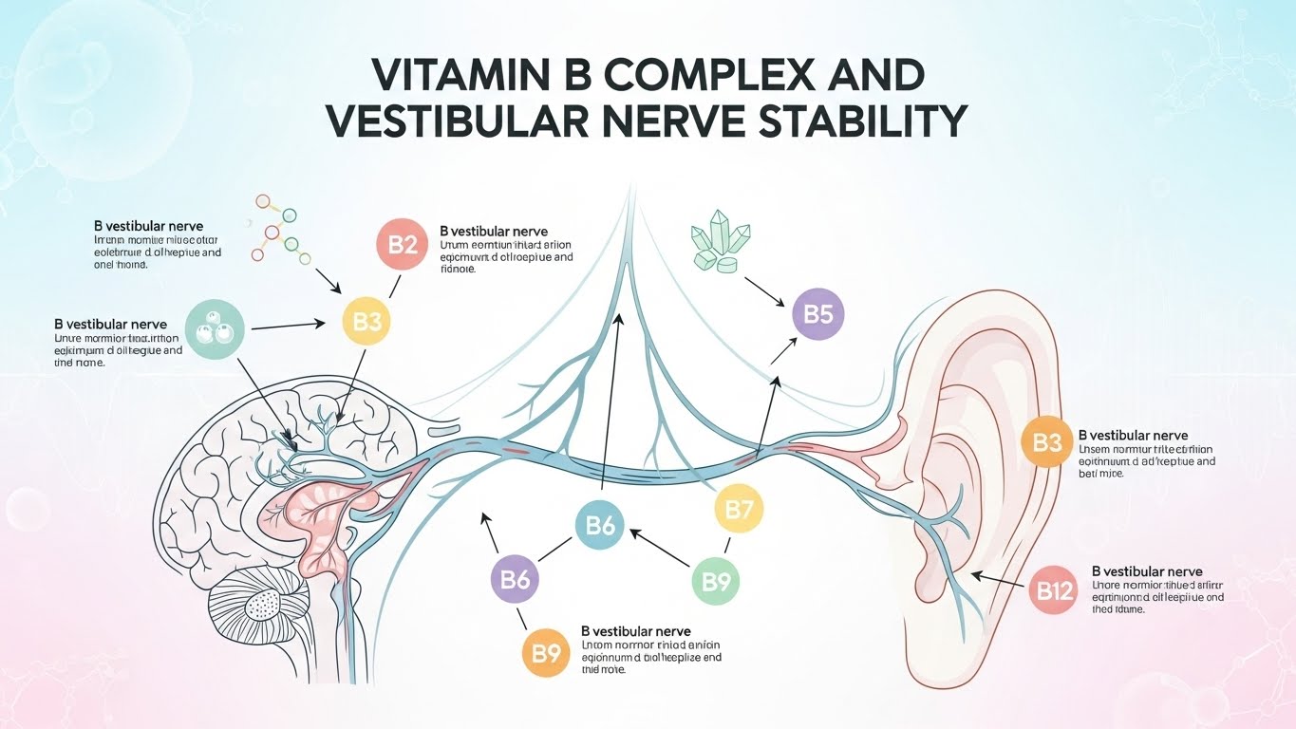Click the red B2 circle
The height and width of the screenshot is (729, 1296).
point(404,245)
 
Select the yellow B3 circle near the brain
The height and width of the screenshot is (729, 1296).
point(366,322)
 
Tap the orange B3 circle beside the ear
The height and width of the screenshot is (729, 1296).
point(1046,442)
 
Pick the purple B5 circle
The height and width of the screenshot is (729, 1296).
point(817,313)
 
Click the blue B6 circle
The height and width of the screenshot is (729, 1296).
point(600,525)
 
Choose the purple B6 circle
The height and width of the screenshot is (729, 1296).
point(515,579)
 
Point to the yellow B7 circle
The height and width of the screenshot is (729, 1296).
point(738,509)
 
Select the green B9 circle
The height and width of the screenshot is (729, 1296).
point(716,580)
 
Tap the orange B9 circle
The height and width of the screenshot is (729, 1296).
point(547,652)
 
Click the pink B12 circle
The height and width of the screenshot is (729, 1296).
point(1054,592)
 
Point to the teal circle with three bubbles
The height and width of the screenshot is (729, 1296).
point(216,330)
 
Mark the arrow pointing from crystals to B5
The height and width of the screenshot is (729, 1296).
point(765,292)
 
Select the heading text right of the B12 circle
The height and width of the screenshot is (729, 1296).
point(1147,571)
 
